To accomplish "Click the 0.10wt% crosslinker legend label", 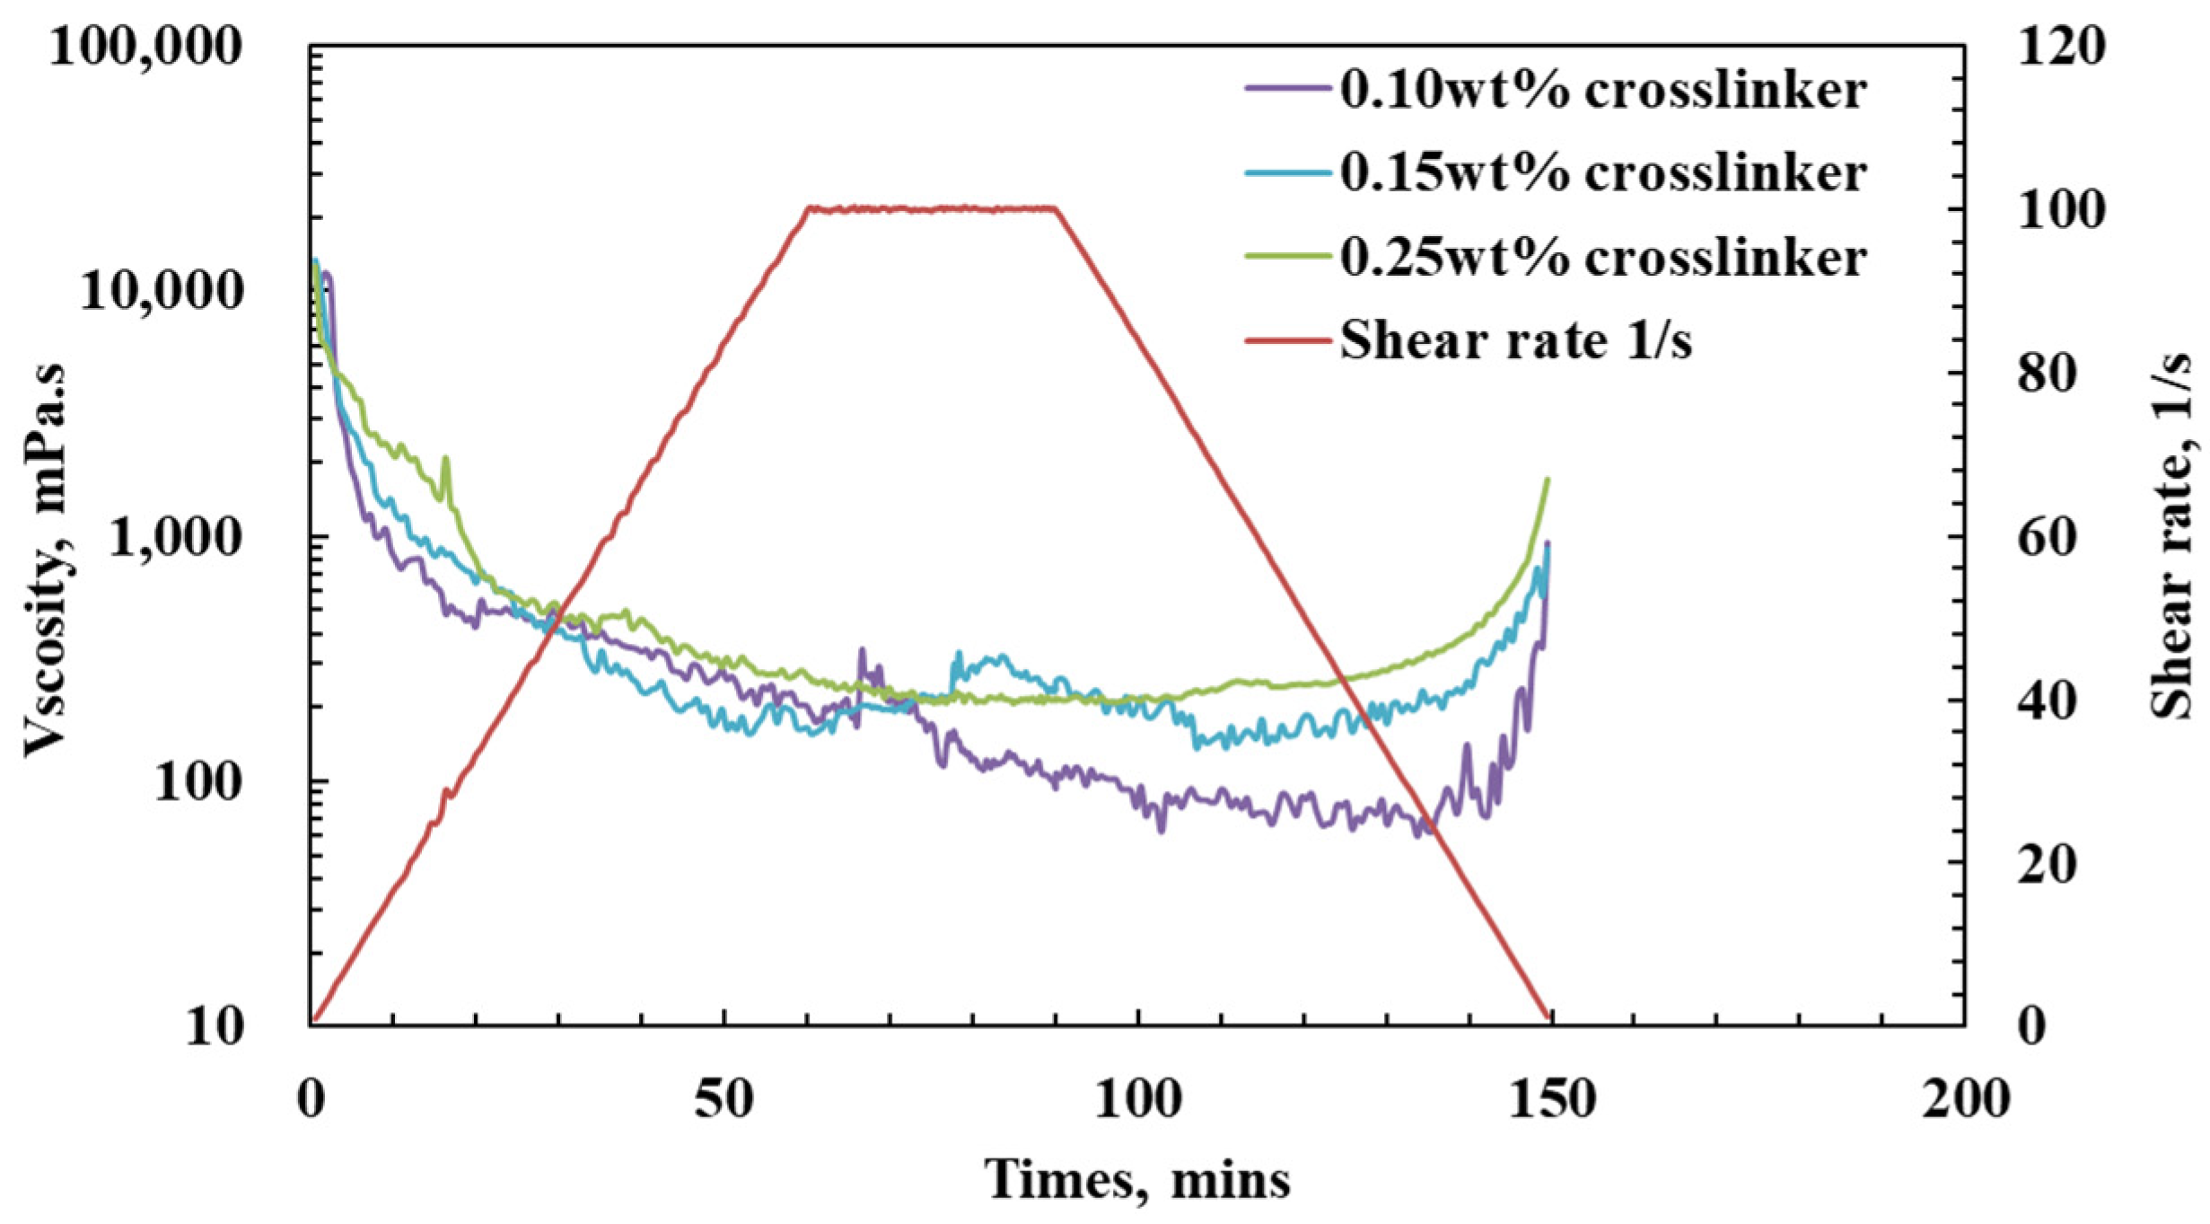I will (1603, 91).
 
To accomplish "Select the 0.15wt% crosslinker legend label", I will (1603, 172).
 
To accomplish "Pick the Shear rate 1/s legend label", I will (1515, 341).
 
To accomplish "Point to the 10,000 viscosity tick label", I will (162, 291).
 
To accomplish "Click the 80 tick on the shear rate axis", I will (2048, 373).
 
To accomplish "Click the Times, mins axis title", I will (1137, 1178).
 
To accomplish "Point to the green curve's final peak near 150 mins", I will (1547, 480).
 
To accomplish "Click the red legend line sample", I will (1286, 340).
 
